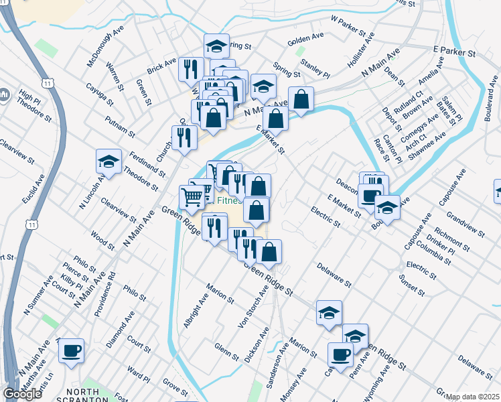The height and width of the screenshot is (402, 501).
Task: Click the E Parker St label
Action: (x=453, y=51)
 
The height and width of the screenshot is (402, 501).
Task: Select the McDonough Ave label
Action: (x=105, y=47)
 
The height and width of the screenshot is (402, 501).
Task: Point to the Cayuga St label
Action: (x=100, y=94)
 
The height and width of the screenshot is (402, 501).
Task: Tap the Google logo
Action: (x=22, y=394)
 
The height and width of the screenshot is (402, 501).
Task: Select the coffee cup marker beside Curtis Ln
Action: (x=72, y=350)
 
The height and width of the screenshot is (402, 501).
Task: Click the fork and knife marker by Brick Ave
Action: (x=191, y=68)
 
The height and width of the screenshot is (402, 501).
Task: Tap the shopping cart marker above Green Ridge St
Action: (x=192, y=196)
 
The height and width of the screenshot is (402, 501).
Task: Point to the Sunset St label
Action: (x=411, y=285)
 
